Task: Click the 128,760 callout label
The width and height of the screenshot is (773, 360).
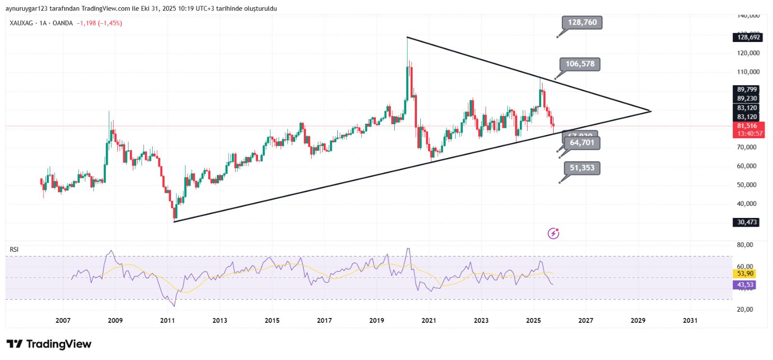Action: click(x=582, y=22)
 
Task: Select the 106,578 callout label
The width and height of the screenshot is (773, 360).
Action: click(x=580, y=64)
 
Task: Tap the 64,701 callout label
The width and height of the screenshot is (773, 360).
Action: click(x=582, y=143)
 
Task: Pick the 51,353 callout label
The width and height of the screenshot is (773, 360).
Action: click(x=582, y=168)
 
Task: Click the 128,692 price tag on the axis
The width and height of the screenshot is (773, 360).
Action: click(x=748, y=37)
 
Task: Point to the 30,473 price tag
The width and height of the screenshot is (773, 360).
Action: click(x=747, y=222)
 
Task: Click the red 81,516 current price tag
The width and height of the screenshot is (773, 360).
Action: click(x=748, y=126)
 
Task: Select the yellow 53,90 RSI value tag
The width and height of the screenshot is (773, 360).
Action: click(x=745, y=274)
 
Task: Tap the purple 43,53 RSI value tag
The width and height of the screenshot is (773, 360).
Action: click(x=745, y=285)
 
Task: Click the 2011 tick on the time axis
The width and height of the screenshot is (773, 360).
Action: click(x=167, y=320)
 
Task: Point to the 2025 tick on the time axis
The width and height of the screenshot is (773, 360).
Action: click(x=533, y=320)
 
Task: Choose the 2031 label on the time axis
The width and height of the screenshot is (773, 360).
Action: click(x=690, y=320)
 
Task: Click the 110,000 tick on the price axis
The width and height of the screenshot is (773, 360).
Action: click(x=748, y=72)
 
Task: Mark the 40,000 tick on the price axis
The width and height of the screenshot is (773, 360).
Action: click(x=746, y=203)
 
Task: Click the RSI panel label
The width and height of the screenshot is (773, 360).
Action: click(x=14, y=249)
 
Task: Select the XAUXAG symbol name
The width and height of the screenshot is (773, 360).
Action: click(x=21, y=23)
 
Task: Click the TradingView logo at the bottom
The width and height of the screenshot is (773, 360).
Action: click(x=49, y=344)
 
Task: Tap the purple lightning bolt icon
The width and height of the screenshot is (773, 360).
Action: click(x=553, y=234)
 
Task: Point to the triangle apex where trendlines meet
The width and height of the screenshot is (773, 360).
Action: click(x=651, y=111)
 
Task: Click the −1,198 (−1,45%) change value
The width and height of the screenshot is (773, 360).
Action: click(x=99, y=23)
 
